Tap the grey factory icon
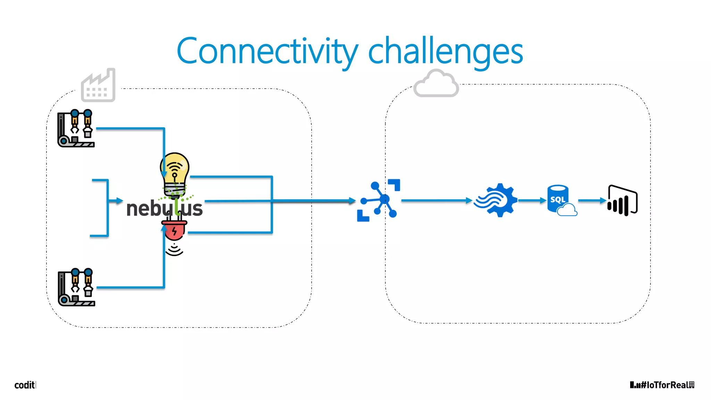(98, 86)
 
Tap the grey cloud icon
(436, 84)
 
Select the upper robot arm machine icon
(76, 128)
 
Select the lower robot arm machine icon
(76, 287)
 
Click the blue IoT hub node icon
(379, 200)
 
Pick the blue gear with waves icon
(496, 200)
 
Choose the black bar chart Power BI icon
(622, 201)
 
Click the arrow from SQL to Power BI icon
(592, 200)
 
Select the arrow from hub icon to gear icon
(436, 200)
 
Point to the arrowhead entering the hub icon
(352, 200)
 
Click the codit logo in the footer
(25, 385)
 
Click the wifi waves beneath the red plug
(174, 250)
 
